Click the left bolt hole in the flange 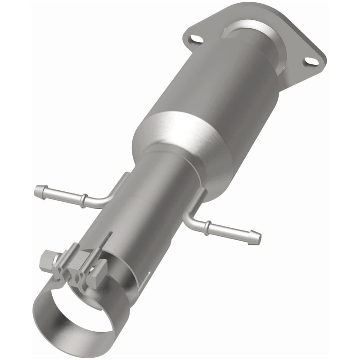tap(194, 40)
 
